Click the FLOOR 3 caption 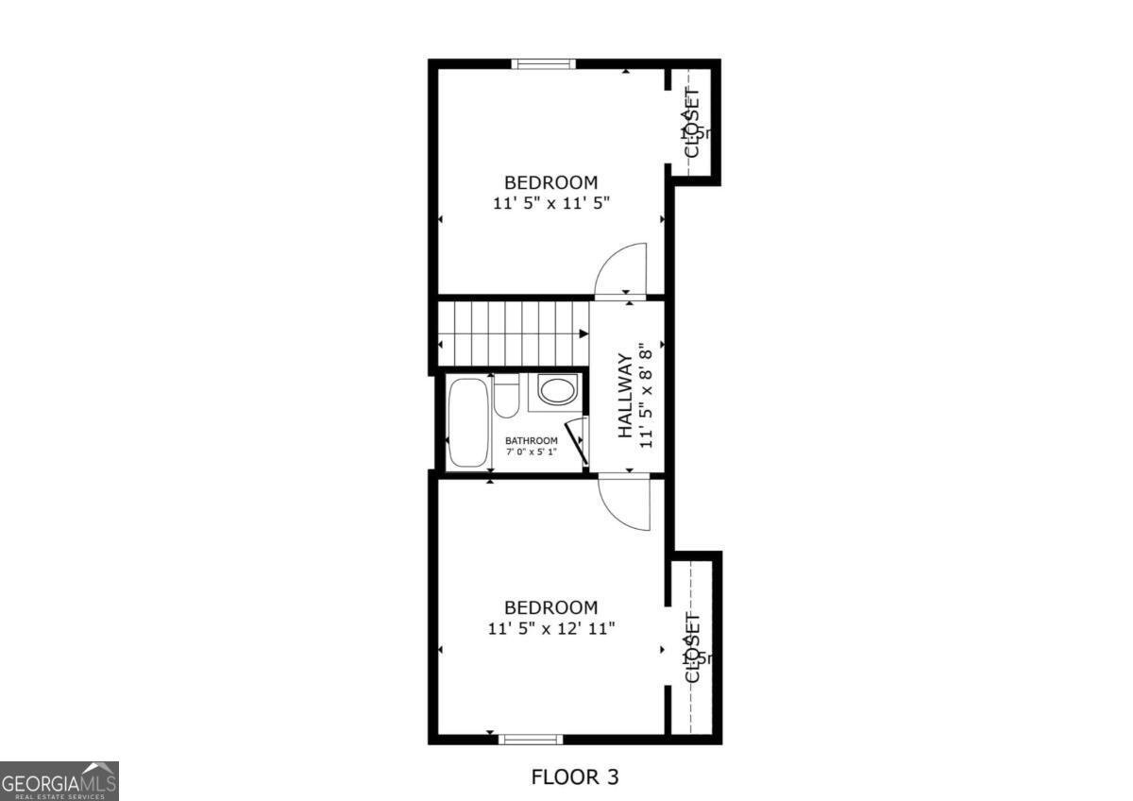[575, 777]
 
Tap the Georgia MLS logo [59, 781]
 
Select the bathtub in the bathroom [468, 421]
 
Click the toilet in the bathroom [507, 398]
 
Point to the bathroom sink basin [556, 390]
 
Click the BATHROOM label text [531, 440]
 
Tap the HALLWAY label [624, 395]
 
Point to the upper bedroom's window [544, 64]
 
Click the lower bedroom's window [531, 739]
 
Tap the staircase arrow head [583, 333]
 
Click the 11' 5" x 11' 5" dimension [551, 202]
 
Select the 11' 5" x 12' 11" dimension [552, 627]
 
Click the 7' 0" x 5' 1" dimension [531, 452]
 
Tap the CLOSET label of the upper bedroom [691, 123]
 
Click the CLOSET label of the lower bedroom [691, 647]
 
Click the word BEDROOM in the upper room [550, 182]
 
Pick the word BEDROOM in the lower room [550, 607]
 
